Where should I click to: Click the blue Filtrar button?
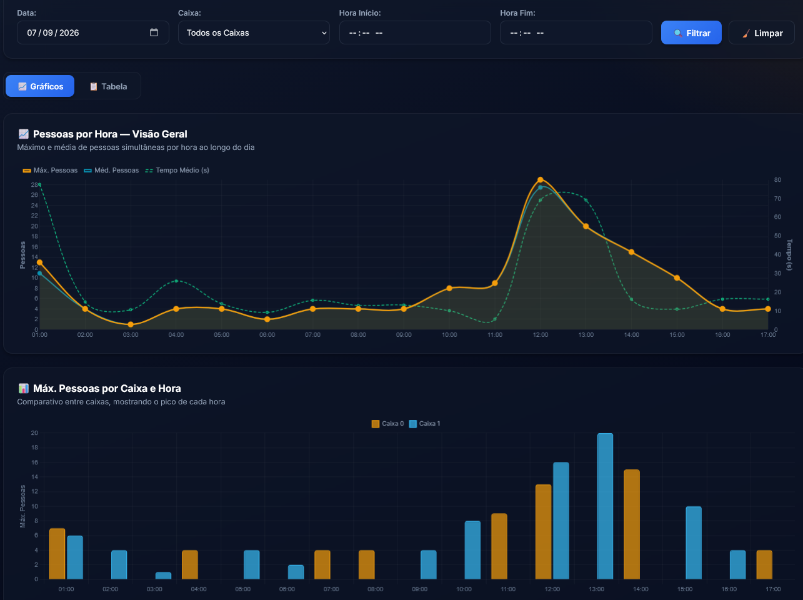[691, 32]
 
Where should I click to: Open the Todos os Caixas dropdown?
[254, 32]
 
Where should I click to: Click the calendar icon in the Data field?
[154, 32]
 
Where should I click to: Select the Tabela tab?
[109, 86]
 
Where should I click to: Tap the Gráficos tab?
[40, 86]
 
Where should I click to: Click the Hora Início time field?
[415, 32]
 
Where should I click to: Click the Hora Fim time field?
[576, 32]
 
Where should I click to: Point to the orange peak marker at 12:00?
[541, 179]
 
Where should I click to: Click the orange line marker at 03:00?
[131, 324]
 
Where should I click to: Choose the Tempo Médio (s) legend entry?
[177, 171]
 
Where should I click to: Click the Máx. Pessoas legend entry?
[50, 171]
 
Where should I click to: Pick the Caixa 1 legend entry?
[424, 424]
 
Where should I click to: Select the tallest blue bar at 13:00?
[605, 506]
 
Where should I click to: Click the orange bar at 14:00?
[632, 524]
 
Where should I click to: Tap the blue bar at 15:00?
[694, 543]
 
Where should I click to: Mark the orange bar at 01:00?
[57, 554]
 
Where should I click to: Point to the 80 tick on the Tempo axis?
[777, 180]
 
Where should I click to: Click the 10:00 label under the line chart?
[449, 335]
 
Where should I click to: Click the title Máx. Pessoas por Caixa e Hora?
[107, 389]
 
